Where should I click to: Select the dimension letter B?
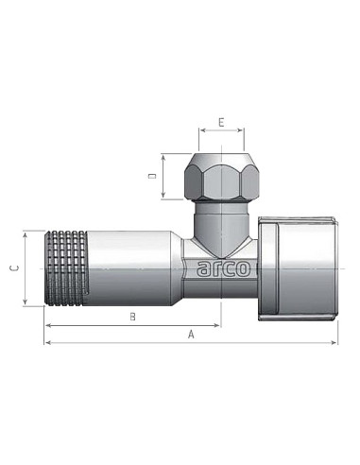[x=132, y=316]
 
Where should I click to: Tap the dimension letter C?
[x=13, y=267]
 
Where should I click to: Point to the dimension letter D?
[x=151, y=176]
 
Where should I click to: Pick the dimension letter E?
[x=220, y=122]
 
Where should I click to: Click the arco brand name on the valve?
[x=224, y=268]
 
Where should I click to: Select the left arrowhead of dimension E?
[x=199, y=131]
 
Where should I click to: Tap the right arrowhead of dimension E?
[x=242, y=131]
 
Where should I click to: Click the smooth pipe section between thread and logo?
[x=137, y=267]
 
